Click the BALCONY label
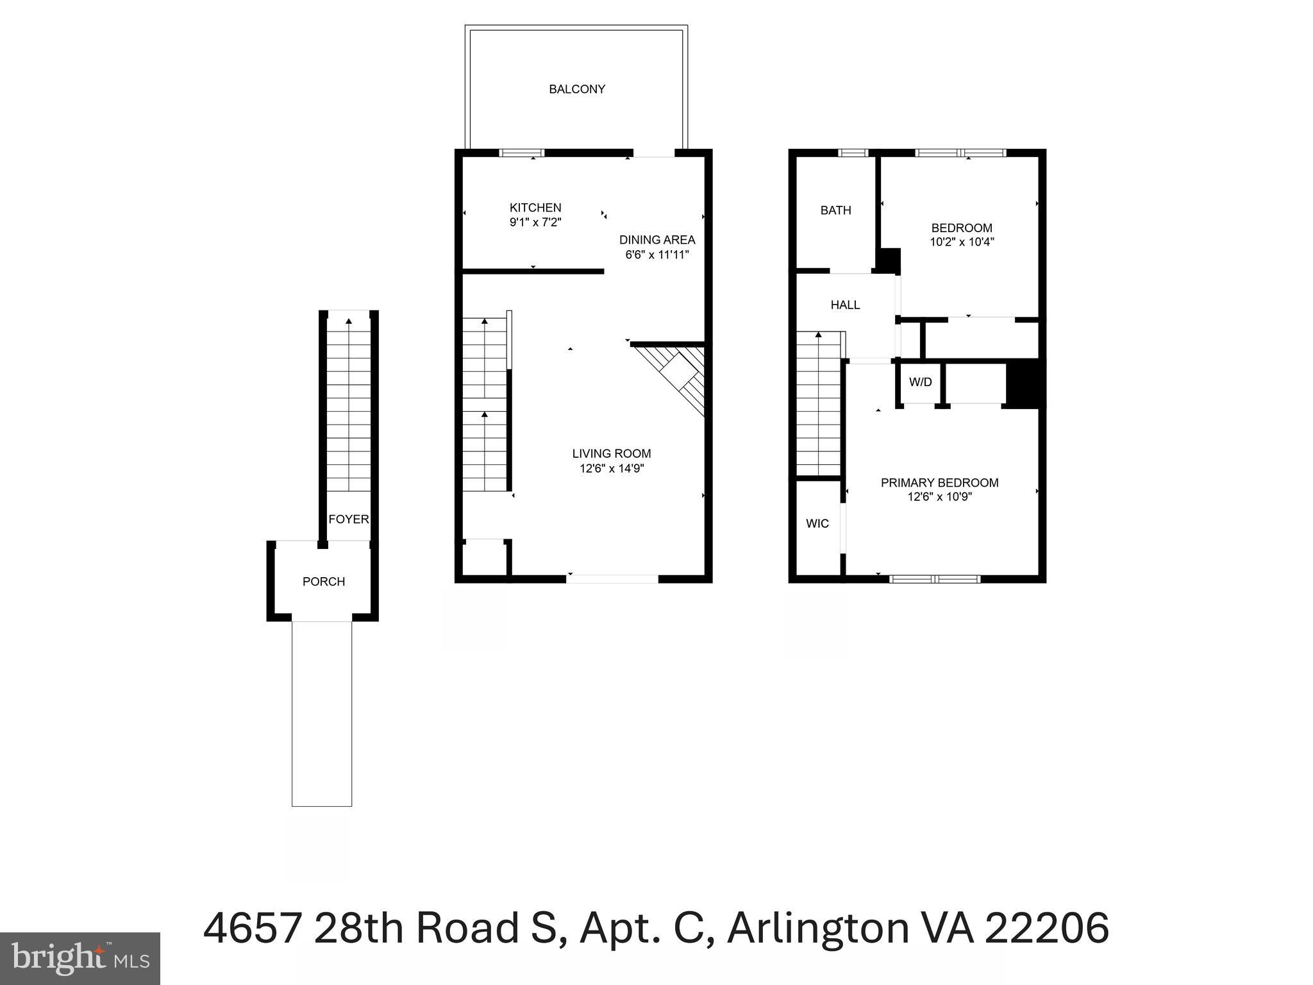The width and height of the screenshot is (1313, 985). click(576, 89)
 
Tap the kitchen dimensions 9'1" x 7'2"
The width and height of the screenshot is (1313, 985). click(535, 223)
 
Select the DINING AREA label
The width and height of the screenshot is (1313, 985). click(656, 240)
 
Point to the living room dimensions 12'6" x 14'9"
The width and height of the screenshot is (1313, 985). click(611, 469)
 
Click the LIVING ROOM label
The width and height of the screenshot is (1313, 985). click(611, 454)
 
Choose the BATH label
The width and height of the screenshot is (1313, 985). click(835, 210)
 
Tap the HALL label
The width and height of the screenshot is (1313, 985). click(845, 305)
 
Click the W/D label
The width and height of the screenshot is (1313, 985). click(920, 382)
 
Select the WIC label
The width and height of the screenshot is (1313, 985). click(817, 524)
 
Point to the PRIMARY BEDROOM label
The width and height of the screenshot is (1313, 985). click(939, 483)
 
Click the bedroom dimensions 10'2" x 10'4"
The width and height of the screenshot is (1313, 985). click(961, 242)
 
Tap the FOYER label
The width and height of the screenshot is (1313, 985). click(348, 519)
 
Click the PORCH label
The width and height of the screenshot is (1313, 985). click(323, 582)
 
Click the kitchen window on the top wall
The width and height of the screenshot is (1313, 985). click(521, 153)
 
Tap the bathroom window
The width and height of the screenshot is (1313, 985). click(853, 153)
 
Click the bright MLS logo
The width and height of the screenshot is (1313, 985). click(79, 959)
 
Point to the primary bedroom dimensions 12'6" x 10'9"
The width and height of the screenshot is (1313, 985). click(939, 497)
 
